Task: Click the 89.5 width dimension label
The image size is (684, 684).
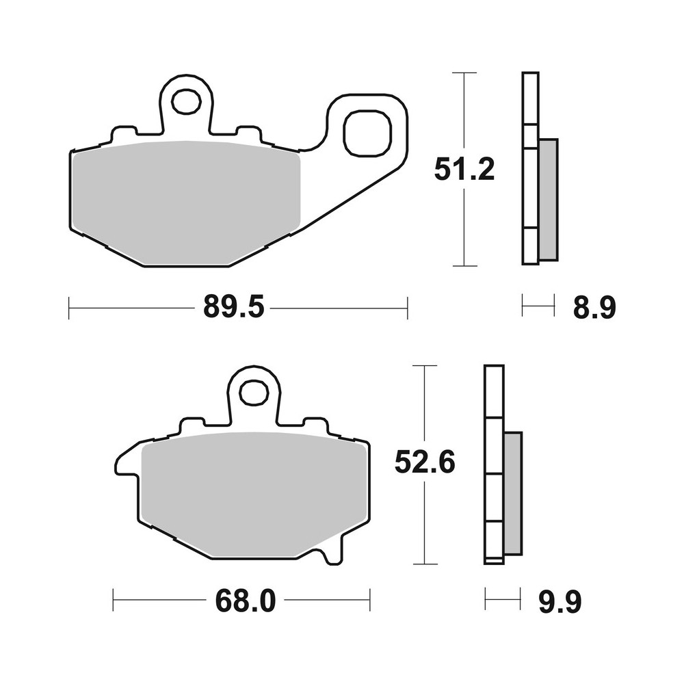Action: (233, 308)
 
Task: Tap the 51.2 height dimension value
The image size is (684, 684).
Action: (464, 169)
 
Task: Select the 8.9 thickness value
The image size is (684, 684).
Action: (594, 308)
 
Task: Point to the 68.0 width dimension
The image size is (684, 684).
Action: (244, 602)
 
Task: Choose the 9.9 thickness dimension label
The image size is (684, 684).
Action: (559, 603)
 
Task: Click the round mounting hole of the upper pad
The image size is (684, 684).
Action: (183, 103)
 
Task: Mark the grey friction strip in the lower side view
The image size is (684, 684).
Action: (513, 492)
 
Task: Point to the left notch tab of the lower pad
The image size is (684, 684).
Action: (127, 462)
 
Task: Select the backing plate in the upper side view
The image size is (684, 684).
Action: (530, 168)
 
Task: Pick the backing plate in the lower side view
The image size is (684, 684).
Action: (494, 465)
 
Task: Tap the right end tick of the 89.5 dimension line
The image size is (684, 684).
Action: (408, 308)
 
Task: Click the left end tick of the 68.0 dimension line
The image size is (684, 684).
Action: (113, 601)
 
